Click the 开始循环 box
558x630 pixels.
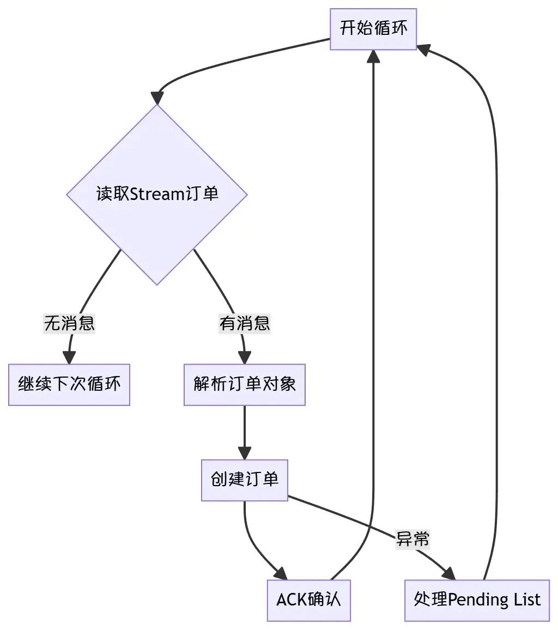tap(373, 29)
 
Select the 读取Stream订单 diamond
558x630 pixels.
tap(157, 194)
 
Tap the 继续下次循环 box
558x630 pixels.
tap(69, 384)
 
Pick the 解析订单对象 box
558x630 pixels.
tap(244, 384)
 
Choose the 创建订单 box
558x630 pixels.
tap(244, 480)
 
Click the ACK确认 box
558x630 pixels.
tap(308, 600)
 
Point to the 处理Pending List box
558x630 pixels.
tap(477, 600)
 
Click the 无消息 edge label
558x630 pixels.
tap(69, 324)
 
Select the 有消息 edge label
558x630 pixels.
tap(245, 324)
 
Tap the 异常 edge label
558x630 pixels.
tap(413, 539)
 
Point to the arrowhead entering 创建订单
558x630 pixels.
tap(245, 453)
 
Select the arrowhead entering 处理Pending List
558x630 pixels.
tap(448, 574)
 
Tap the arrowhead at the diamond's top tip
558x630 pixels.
tap(157, 98)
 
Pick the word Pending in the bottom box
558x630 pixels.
tap(470, 600)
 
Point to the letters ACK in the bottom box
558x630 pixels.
tap(289, 600)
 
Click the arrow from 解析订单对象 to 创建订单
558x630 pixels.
tap(245, 428)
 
